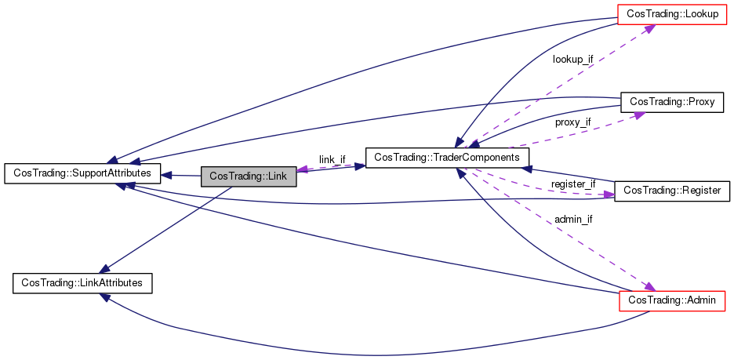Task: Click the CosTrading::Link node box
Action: click(249, 176)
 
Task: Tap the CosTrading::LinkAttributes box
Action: click(82, 282)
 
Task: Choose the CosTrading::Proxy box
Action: click(672, 101)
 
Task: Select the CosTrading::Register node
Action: click(672, 191)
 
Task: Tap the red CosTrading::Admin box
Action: click(672, 300)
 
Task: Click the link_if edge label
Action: click(332, 159)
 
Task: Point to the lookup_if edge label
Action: click(572, 59)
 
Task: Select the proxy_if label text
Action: click(572, 122)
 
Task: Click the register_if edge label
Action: click(572, 184)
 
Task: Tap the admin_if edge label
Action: click(572, 219)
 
